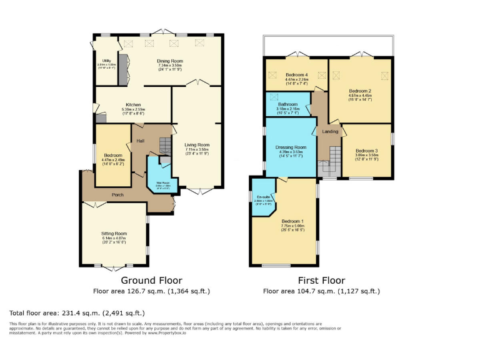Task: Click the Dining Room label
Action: click(x=170, y=61)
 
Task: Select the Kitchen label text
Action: click(x=132, y=104)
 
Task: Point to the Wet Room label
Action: click(x=163, y=183)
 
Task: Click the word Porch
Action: click(x=117, y=194)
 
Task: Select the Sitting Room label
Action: click(x=114, y=233)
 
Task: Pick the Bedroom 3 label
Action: click(x=367, y=151)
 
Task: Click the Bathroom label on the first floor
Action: click(x=287, y=104)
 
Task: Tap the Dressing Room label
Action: click(x=291, y=147)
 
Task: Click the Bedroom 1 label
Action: click(x=292, y=221)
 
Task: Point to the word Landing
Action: click(x=330, y=131)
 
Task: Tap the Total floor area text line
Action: click(x=77, y=312)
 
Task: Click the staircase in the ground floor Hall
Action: click(x=165, y=146)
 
